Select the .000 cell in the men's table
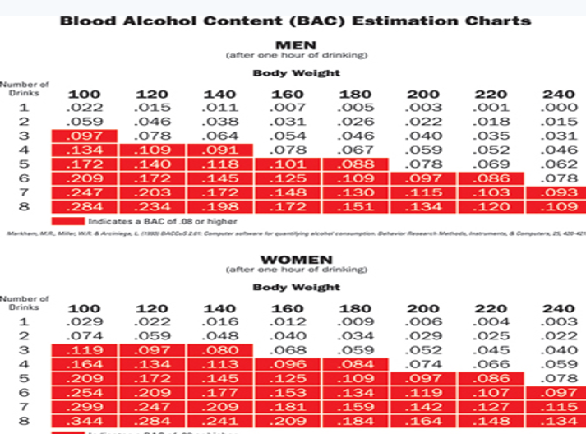560,107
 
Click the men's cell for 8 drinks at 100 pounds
83,205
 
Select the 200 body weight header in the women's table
422,309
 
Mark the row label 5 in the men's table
24,163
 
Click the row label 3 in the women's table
24,349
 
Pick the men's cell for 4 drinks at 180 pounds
355,149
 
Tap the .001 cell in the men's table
491,107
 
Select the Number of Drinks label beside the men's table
25,89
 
